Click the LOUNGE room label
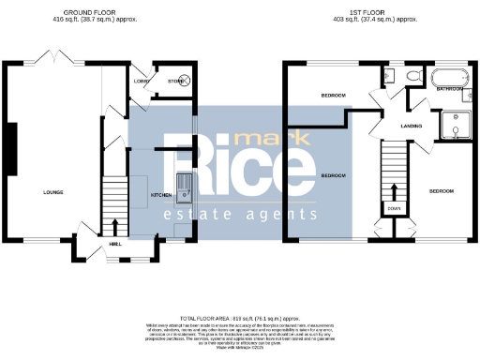click(x=52, y=192)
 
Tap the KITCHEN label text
click(x=161, y=195)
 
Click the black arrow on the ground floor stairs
click(x=114, y=226)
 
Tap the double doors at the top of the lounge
click(x=55, y=61)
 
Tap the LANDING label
click(x=411, y=125)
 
